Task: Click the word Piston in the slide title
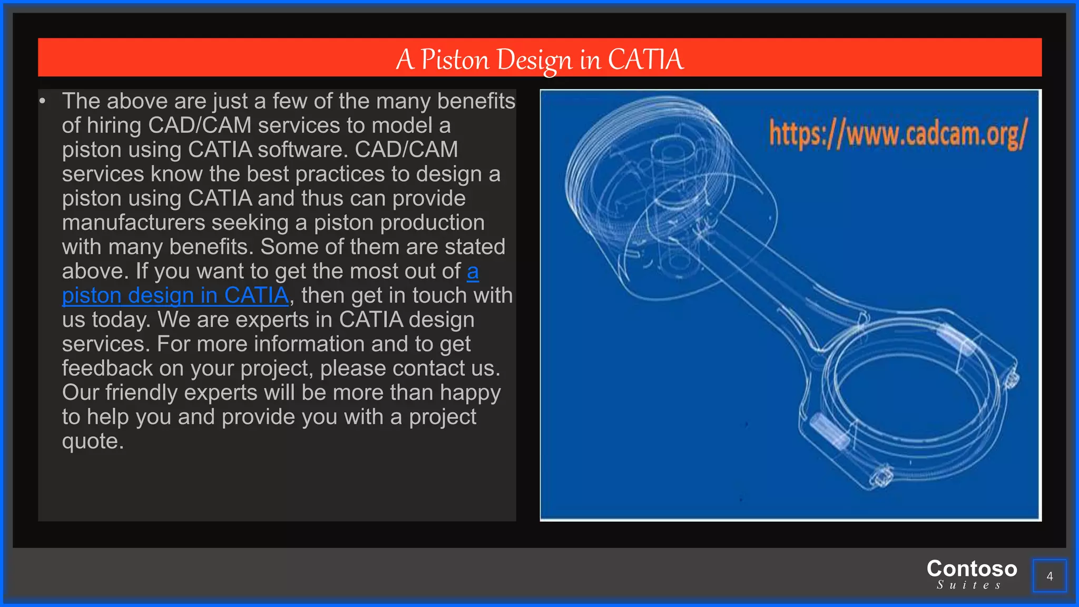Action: click(455, 59)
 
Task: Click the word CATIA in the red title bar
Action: click(646, 59)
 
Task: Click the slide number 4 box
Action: click(1049, 576)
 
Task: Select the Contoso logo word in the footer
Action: click(972, 569)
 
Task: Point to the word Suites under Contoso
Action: click(969, 585)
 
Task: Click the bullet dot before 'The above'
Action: click(43, 101)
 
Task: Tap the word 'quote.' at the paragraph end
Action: click(93, 441)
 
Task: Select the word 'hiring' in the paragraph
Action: click(114, 125)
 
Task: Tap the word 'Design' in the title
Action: click(534, 59)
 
